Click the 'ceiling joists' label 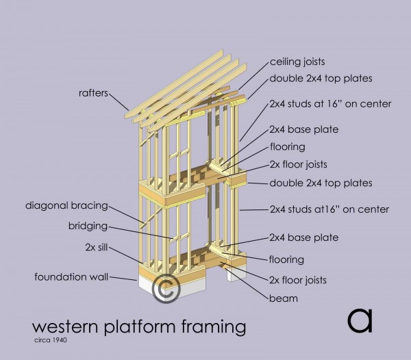[x=297, y=62]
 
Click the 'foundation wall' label [x=73, y=277]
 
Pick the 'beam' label [x=284, y=298]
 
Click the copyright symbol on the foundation [x=165, y=287]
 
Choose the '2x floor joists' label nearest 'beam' [x=299, y=280]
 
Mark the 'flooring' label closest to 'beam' [x=288, y=259]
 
